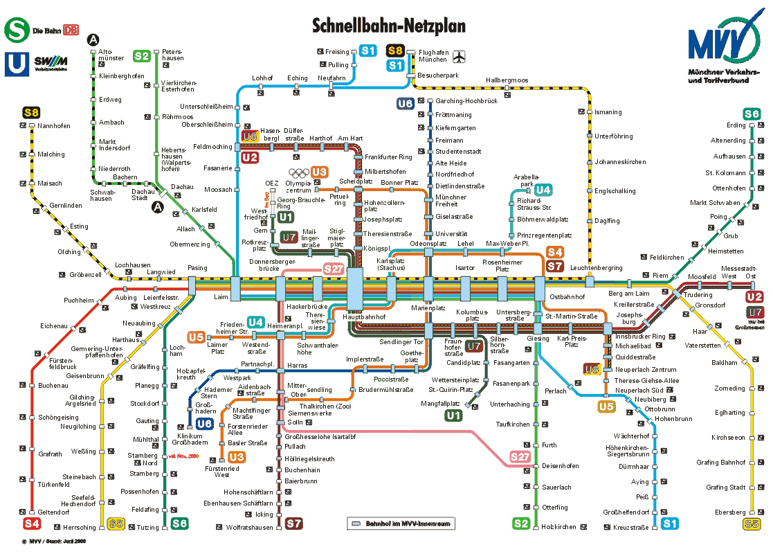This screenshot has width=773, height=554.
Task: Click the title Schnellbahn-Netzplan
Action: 389,26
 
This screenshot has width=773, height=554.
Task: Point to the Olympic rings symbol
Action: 298,173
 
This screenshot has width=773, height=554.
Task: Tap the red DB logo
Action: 71,30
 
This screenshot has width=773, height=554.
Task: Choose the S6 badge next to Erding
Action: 752,114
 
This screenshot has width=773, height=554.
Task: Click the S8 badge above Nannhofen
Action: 31,113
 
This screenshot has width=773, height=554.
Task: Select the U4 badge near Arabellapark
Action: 543,190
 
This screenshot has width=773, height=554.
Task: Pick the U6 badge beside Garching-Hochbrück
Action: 405,104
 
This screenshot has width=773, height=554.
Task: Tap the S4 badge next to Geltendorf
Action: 31,524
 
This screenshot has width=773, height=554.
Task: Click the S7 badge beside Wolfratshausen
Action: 294,524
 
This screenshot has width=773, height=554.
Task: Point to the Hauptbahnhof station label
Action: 364,316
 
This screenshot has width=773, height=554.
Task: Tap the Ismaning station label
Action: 608,112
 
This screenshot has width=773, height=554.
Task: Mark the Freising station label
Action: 338,52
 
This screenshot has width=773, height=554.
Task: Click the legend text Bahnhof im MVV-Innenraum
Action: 408,524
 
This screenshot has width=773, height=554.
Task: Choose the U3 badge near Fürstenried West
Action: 237,457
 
